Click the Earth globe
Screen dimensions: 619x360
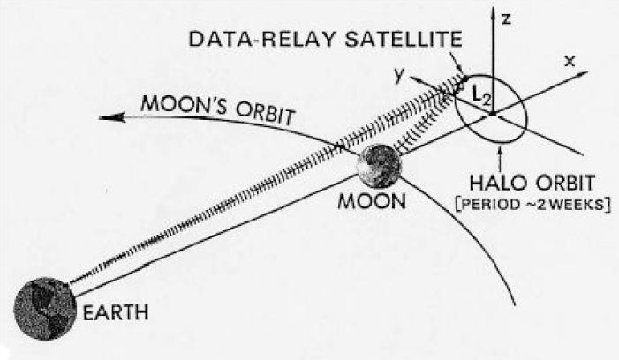tap(45, 309)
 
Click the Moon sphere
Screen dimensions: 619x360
tap(379, 166)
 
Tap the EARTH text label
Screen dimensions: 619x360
tap(116, 313)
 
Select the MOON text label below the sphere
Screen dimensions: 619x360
tap(372, 201)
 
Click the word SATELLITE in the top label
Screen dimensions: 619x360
tap(403, 39)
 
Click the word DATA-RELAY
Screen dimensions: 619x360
tap(262, 39)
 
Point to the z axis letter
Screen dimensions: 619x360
tap(506, 19)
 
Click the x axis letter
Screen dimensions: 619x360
tap(570, 61)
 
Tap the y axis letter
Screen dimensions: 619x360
tap(399, 74)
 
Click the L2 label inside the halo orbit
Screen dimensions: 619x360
tap(481, 95)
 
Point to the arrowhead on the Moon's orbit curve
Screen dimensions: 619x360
tap(112, 117)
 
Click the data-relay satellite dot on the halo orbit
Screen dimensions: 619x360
tap(465, 78)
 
